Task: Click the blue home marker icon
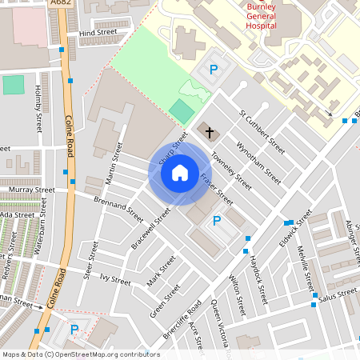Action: [x=180, y=172]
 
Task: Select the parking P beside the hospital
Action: [x=213, y=70]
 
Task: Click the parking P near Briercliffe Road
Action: [x=216, y=221]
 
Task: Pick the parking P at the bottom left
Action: [x=74, y=329]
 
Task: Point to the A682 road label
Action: [x=58, y=4]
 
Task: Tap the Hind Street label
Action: [x=98, y=33]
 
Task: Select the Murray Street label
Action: [x=33, y=190]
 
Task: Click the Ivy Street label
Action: [x=115, y=281]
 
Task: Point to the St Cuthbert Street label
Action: [x=262, y=132]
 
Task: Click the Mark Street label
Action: [x=161, y=272]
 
